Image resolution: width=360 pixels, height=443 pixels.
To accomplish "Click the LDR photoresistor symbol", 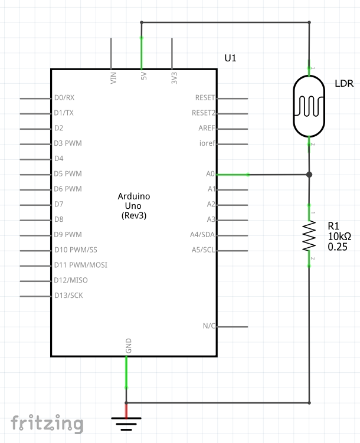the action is click(x=309, y=106).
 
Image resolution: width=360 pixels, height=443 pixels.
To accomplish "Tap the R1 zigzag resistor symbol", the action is click(x=309, y=235).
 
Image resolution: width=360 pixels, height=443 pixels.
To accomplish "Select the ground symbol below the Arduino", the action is click(x=126, y=424).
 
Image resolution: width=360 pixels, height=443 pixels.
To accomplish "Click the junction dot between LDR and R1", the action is click(x=309, y=175).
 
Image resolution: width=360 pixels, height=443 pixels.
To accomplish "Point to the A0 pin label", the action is click(x=210, y=174).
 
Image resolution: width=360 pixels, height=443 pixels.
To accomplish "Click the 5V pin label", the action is click(x=144, y=76).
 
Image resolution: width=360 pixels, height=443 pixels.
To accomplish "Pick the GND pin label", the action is click(x=129, y=346).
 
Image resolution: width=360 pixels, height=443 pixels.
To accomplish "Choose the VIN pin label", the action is click(x=113, y=78).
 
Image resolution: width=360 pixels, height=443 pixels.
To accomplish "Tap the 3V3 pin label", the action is click(x=174, y=78).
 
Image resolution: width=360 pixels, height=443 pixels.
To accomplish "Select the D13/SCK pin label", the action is click(x=68, y=296).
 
